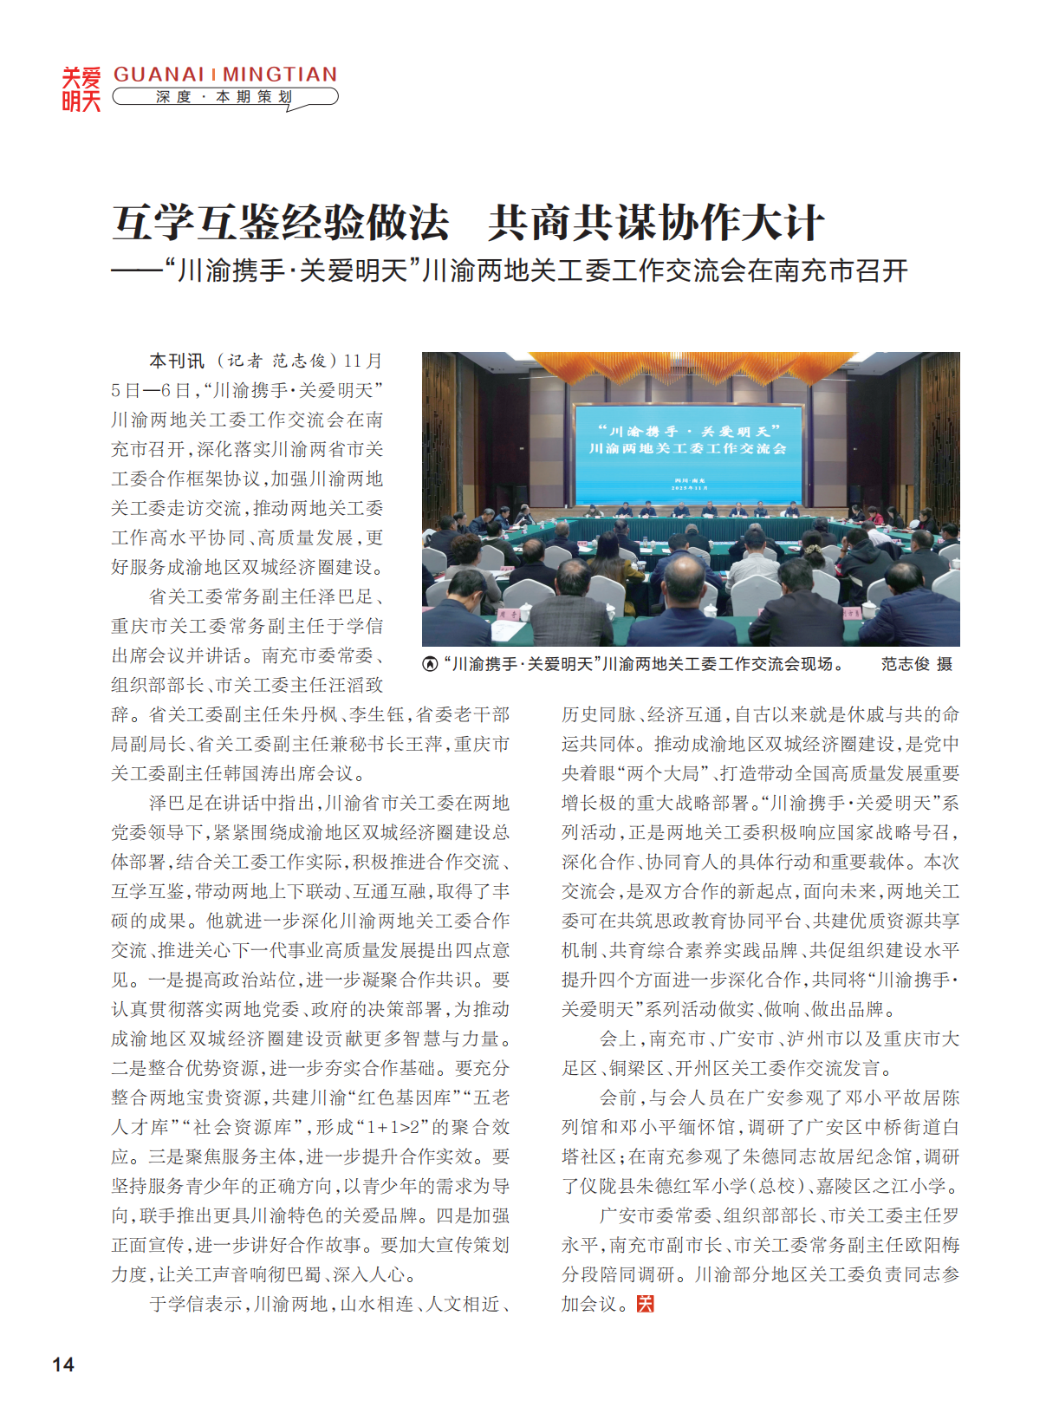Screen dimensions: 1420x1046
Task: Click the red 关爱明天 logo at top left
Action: (x=81, y=89)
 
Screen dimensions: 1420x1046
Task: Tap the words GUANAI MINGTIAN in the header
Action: (x=225, y=75)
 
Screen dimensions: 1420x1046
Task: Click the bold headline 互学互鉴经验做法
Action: (x=281, y=223)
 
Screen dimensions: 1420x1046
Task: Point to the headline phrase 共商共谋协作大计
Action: (x=655, y=223)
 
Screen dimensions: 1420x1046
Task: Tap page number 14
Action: (x=63, y=1365)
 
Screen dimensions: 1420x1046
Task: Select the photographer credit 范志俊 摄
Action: (x=916, y=664)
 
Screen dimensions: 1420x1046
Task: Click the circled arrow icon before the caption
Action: (x=430, y=664)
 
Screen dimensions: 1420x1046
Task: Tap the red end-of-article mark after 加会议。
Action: (x=645, y=1304)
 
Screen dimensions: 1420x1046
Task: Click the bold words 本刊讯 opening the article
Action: (x=176, y=361)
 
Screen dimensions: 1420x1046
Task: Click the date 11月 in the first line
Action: (x=363, y=361)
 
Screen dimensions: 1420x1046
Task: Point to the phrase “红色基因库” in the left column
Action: (x=406, y=1098)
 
